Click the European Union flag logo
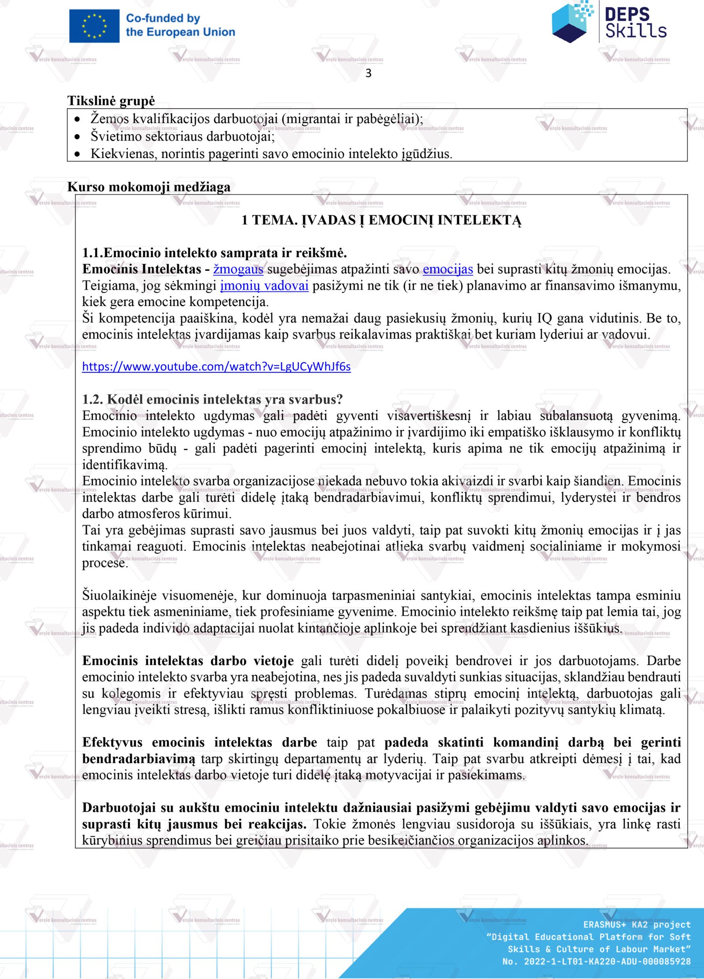pos(94,26)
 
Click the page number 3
pos(368,73)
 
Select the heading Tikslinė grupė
pos(111,101)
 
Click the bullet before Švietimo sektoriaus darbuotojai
pos(77,137)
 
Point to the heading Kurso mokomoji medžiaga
pos(149,187)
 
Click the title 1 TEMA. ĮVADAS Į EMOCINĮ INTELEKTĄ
pos(381,220)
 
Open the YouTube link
pos(216,367)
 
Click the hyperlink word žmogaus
pos(238,269)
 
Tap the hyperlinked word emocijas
pos(447,269)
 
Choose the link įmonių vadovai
pos(264,286)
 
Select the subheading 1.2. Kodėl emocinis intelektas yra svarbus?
pos(212,399)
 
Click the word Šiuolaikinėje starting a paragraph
pos(119,596)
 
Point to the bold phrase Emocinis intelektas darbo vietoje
pos(188,661)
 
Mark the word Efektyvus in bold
pos(112,742)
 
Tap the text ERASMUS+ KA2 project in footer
pos(637,924)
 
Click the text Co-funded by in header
pos(163,18)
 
